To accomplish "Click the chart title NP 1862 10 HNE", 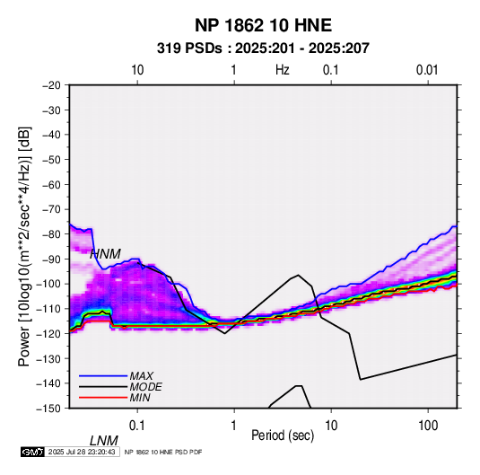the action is pyautogui.click(x=263, y=25).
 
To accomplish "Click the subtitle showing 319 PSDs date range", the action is pyautogui.click(x=263, y=48).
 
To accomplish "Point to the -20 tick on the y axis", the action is pyautogui.click(x=51, y=85).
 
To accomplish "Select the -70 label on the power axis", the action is pyautogui.click(x=51, y=209).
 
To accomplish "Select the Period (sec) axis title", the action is pyautogui.click(x=283, y=435).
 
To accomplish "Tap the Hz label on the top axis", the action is pyautogui.click(x=283, y=70).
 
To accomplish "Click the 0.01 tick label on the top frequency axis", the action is pyautogui.click(x=427, y=70).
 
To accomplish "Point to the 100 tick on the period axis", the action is pyautogui.click(x=428, y=426).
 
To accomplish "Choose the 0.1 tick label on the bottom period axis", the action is pyautogui.click(x=137, y=426).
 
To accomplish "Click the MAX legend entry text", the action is pyautogui.click(x=141, y=376).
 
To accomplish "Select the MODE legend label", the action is pyautogui.click(x=145, y=387).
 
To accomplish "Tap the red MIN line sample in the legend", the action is pyautogui.click(x=103, y=398).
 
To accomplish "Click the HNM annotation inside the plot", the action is pyautogui.click(x=105, y=254).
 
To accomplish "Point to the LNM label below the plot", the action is pyautogui.click(x=104, y=441).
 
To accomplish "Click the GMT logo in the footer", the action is pyautogui.click(x=33, y=452).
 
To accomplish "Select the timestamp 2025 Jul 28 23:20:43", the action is pyautogui.click(x=82, y=452).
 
